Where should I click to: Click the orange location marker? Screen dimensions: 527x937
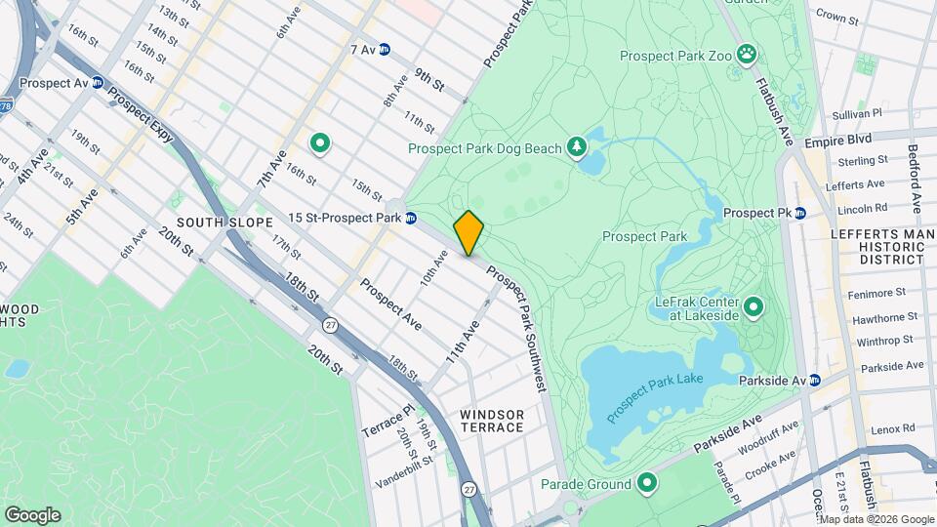468,232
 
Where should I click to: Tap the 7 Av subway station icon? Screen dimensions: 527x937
385,49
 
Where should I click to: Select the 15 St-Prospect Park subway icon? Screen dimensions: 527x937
412,218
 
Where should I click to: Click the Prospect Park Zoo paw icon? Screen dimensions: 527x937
747,53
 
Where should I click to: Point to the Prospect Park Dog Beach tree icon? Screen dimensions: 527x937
577,147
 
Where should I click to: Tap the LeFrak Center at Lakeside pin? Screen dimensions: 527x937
753,309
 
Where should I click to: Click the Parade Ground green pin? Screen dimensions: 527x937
646,482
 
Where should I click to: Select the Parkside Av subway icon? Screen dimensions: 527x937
815,380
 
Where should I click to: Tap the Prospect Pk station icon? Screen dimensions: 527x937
799,213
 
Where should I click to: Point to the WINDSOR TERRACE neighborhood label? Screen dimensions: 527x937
492,422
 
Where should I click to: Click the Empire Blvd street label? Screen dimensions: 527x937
837,141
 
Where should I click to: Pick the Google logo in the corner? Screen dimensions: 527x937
32,514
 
